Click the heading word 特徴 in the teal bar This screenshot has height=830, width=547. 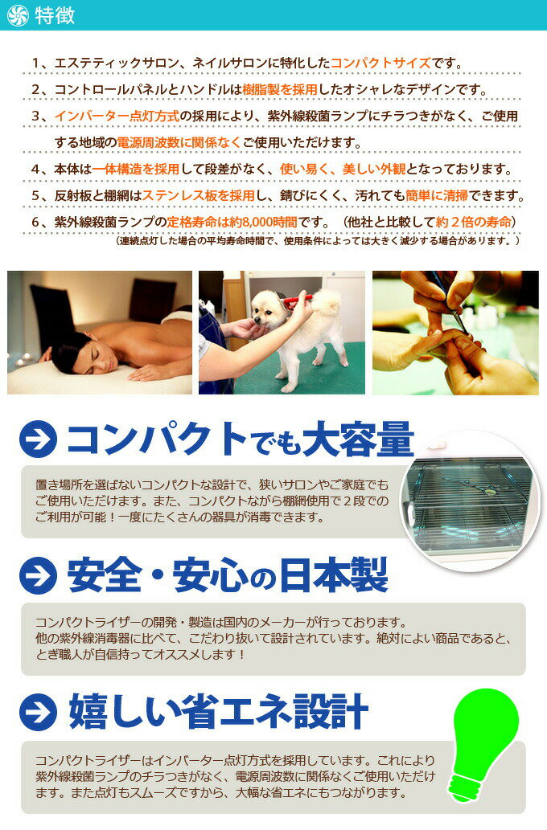tap(55, 16)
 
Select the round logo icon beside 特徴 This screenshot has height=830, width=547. tap(17, 16)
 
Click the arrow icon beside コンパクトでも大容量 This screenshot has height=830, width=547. tap(38, 440)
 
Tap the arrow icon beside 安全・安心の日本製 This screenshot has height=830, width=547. tap(38, 574)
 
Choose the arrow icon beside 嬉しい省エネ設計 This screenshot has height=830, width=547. tap(38, 712)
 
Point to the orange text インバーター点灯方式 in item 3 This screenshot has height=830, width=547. tap(117, 116)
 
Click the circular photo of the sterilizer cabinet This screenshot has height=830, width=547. tap(475, 500)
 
